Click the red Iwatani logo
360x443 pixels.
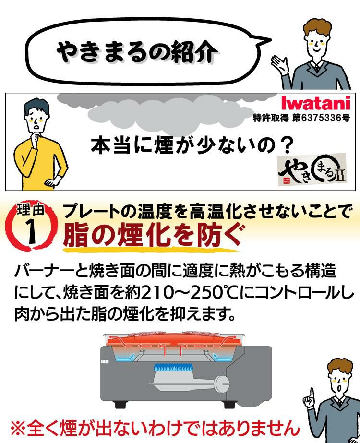click(315, 104)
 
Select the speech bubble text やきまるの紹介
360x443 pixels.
click(137, 52)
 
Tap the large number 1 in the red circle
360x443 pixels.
click(32, 229)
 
